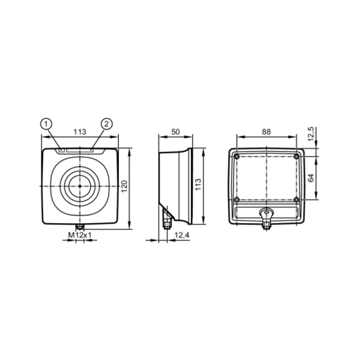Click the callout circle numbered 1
point(46,124)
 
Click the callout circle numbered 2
point(107,124)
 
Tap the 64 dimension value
point(311,177)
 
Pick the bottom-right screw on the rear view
point(296,199)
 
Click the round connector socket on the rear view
point(266,213)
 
